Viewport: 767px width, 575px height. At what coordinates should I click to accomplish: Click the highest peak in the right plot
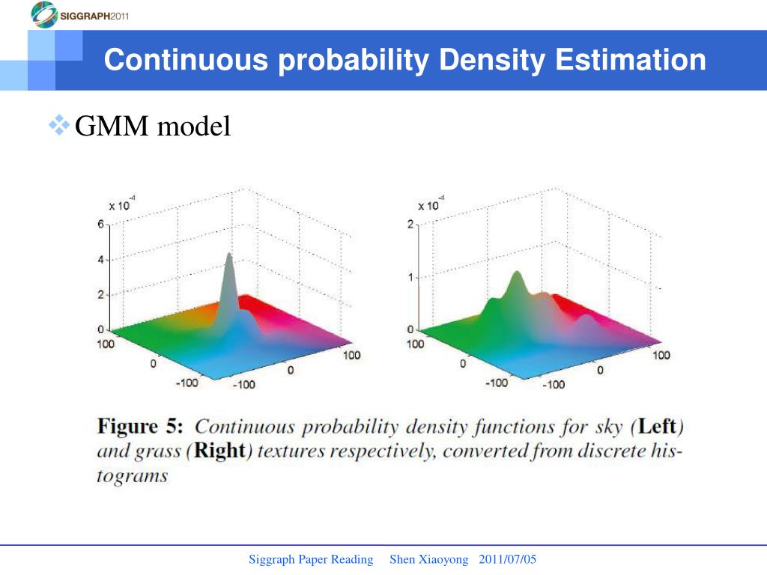point(515,277)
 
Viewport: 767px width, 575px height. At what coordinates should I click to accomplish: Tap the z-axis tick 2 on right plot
point(410,225)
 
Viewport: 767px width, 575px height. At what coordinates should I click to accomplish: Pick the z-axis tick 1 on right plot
point(410,277)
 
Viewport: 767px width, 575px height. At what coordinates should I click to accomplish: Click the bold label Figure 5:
point(140,428)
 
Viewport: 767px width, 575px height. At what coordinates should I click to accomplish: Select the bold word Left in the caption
point(656,428)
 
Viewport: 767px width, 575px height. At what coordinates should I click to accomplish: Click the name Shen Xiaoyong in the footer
point(429,560)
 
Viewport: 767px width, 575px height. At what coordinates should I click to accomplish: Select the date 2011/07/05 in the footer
point(508,560)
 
